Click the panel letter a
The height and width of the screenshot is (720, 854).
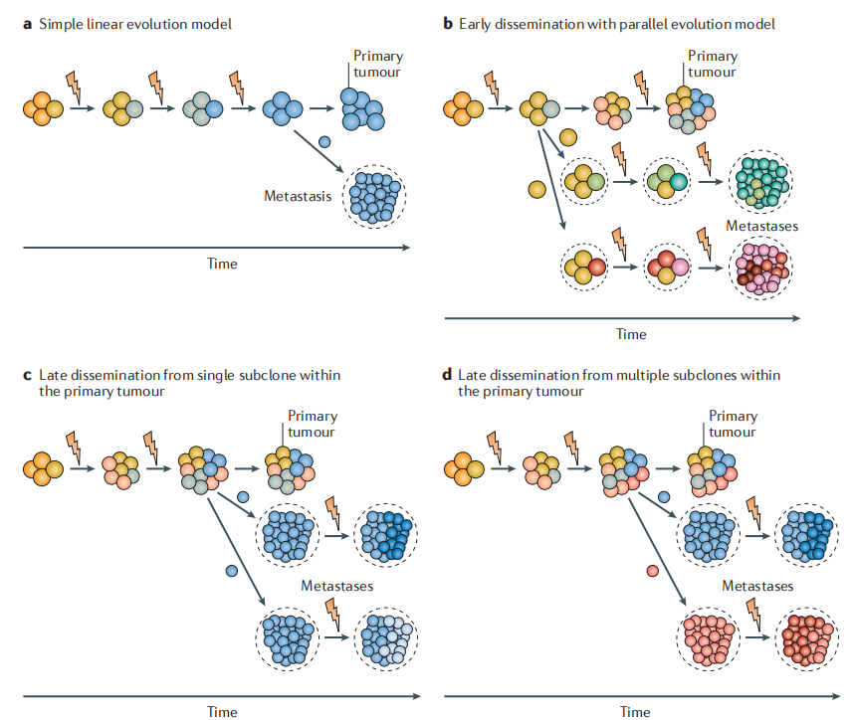(x=27, y=23)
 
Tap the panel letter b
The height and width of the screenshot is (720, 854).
(x=448, y=23)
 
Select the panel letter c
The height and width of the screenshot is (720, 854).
(x=27, y=375)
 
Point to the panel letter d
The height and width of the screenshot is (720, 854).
(x=448, y=375)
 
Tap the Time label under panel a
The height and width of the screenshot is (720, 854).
(x=222, y=264)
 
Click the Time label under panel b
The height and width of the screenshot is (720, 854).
(x=631, y=334)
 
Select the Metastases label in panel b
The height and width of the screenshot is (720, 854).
(x=761, y=227)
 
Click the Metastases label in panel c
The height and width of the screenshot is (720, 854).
(x=337, y=586)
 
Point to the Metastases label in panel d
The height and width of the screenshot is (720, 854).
(x=757, y=586)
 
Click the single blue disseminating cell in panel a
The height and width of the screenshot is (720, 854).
(x=324, y=142)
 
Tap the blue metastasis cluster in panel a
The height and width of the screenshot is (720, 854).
(x=374, y=196)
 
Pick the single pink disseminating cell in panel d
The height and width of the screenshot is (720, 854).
(x=652, y=571)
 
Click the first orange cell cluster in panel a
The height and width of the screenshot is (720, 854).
(x=43, y=107)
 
